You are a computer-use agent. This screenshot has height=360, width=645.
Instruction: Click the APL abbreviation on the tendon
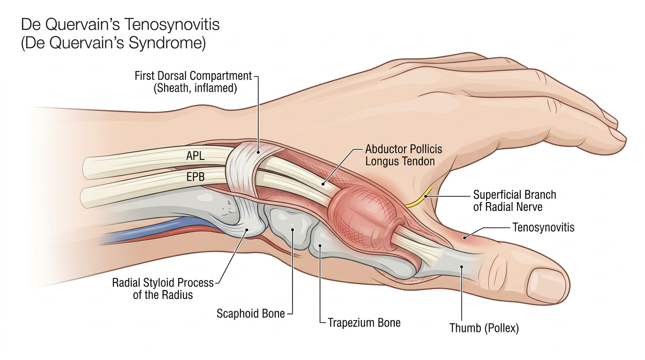click(195, 156)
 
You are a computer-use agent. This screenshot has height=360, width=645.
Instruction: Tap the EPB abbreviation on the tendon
click(195, 177)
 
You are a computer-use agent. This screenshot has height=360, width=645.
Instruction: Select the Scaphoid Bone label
click(250, 314)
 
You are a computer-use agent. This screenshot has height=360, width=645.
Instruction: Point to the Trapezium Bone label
click(364, 322)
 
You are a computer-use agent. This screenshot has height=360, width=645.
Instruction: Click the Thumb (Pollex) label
click(484, 328)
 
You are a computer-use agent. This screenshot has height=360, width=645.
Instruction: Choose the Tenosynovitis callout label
click(543, 228)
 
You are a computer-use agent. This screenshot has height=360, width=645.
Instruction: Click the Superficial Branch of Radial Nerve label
click(514, 200)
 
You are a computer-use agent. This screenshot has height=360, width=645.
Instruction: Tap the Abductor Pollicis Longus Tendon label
click(404, 155)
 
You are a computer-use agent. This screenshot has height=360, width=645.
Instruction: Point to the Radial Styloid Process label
click(163, 289)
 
